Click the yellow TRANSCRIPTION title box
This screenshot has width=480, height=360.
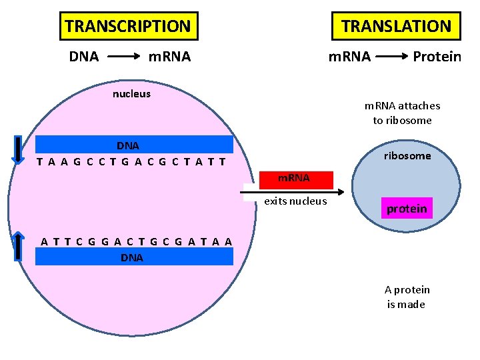click(x=128, y=27)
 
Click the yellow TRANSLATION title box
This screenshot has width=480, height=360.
click(x=396, y=27)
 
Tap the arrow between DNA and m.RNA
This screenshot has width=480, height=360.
click(x=123, y=57)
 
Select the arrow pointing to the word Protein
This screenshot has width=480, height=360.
click(x=391, y=57)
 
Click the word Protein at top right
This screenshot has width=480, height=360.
click(x=437, y=57)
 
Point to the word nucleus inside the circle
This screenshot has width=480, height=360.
click(x=131, y=94)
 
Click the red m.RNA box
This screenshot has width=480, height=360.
click(x=294, y=179)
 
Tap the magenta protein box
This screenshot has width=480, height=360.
click(x=407, y=209)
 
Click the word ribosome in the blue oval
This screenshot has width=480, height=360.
click(x=407, y=156)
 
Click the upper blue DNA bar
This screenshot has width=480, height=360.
click(x=133, y=145)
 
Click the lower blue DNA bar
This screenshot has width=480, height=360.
click(x=133, y=257)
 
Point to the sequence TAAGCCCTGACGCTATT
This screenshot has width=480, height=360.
click(x=131, y=162)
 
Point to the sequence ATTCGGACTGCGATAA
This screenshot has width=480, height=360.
click(x=137, y=241)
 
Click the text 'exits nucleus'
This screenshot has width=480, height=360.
click(x=295, y=201)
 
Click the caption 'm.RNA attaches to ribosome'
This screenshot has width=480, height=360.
click(x=402, y=113)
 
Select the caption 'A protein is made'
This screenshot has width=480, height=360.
click(x=407, y=297)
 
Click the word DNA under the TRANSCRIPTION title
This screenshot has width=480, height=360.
click(x=84, y=57)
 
